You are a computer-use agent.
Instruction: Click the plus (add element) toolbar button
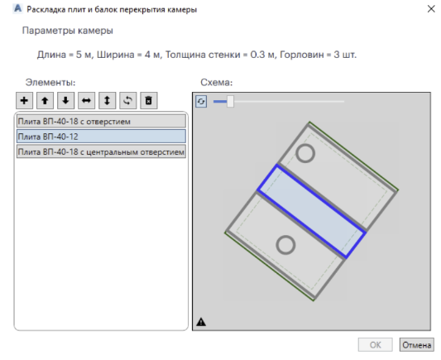pyautogui.click(x=24, y=100)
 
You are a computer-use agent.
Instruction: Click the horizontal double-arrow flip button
pyautogui.click(x=86, y=100)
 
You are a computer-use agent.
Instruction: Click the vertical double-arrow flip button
pyautogui.click(x=108, y=100)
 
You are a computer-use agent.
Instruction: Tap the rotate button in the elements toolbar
pyautogui.click(x=128, y=100)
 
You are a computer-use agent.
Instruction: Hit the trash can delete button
pyautogui.click(x=149, y=100)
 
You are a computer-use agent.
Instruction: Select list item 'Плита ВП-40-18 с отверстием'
pyautogui.click(x=101, y=122)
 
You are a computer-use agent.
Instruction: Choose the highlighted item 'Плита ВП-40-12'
pyautogui.click(x=101, y=137)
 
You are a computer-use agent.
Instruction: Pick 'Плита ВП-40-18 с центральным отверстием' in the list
pyautogui.click(x=101, y=152)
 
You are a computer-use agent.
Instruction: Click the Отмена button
pyautogui.click(x=416, y=345)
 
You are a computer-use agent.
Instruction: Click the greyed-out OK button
pyautogui.click(x=375, y=345)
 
